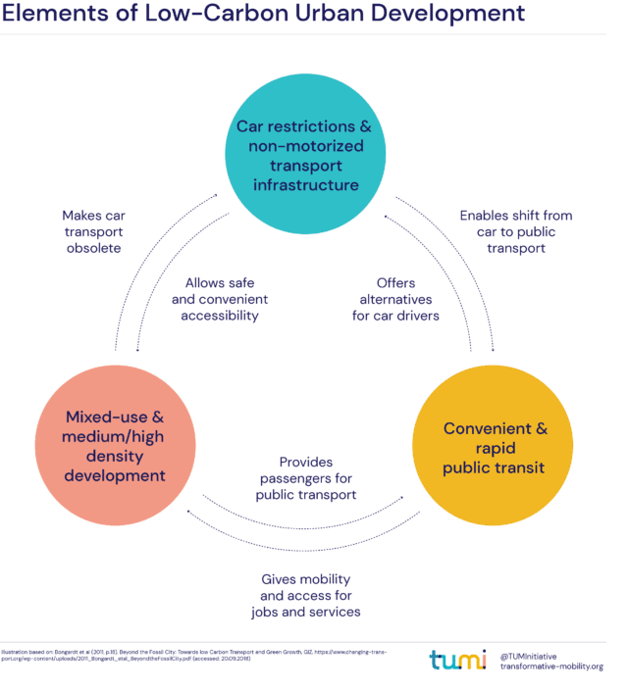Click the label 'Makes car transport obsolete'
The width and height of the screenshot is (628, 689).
(93, 231)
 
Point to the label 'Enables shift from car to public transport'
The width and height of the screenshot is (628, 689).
(515, 231)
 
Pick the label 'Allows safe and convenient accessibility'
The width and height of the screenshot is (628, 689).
(220, 299)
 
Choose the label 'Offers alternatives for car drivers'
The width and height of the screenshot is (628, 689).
(395, 299)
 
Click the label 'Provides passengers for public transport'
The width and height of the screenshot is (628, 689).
(305, 478)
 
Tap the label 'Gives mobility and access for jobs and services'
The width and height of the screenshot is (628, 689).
(305, 595)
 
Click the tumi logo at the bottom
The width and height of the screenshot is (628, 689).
(457, 660)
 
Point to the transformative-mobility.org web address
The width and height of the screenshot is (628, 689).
(550, 666)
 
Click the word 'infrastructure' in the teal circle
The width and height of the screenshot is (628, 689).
(305, 184)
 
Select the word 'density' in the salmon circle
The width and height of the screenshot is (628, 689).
(116, 457)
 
